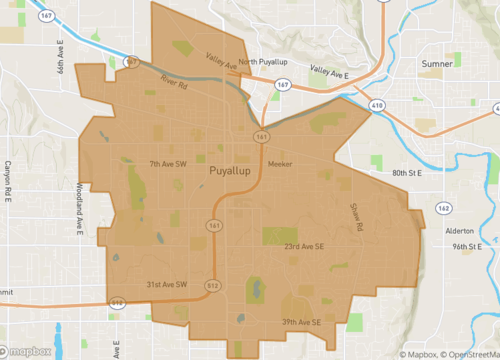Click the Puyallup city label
tap(234, 172)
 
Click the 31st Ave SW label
tap(167, 285)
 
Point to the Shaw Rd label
tap(355, 215)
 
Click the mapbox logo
tap(31, 351)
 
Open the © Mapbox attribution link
tap(421, 354)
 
